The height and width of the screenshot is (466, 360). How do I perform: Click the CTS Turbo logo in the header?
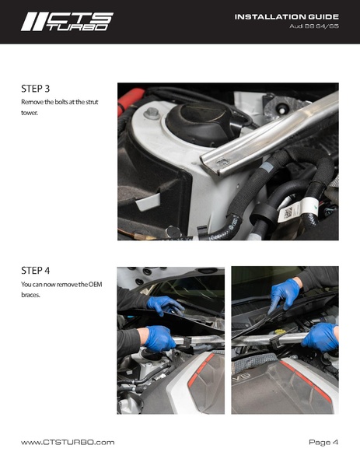click(x=67, y=22)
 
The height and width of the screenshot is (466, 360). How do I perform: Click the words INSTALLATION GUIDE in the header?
click(x=287, y=17)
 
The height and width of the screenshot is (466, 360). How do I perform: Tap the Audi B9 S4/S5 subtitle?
click(x=314, y=26)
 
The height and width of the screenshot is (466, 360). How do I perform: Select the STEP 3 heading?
click(x=35, y=89)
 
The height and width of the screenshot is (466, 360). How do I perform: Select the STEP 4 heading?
click(x=35, y=271)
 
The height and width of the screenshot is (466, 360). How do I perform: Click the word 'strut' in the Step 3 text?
click(x=92, y=102)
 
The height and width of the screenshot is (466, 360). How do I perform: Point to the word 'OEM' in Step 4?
click(x=96, y=285)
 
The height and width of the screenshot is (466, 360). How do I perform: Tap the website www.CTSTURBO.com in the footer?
click(x=68, y=442)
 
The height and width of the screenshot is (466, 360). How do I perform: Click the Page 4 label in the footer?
click(x=323, y=442)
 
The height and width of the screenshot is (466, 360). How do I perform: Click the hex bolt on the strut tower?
click(x=152, y=114)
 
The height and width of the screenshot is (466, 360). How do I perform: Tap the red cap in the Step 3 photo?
click(x=130, y=99)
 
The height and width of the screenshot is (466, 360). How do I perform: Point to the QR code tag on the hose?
click(x=287, y=213)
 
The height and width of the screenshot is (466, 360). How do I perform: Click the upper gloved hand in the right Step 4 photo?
click(x=285, y=295)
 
